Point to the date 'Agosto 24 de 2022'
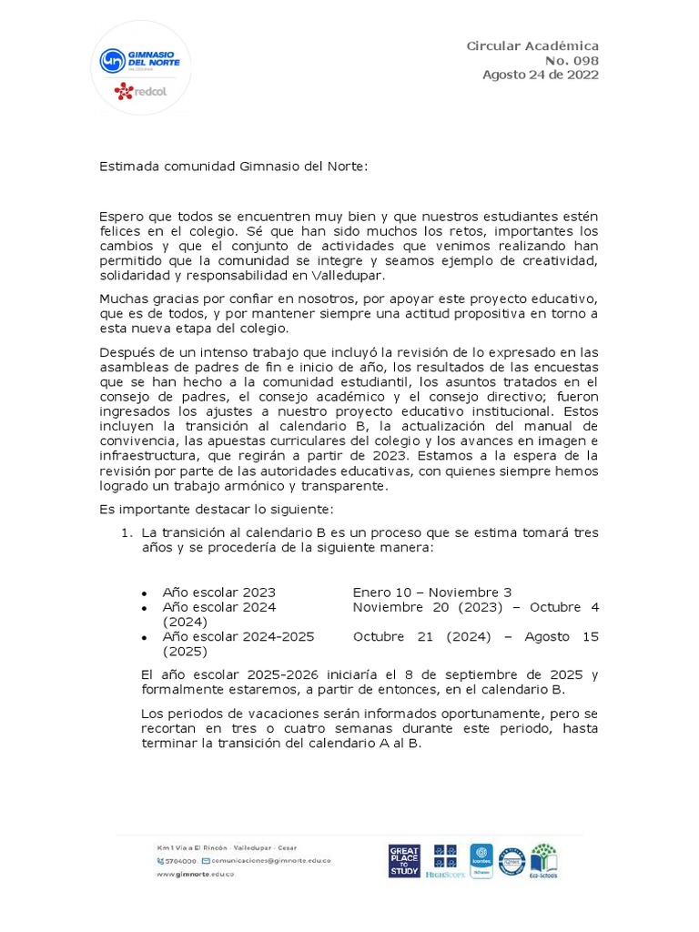point(540,76)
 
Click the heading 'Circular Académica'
point(532,46)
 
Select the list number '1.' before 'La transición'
point(128,532)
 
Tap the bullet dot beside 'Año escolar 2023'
point(145,593)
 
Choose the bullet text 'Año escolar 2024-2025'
point(238,636)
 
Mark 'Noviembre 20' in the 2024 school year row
point(396,606)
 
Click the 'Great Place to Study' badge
point(404,860)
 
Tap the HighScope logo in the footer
point(445,861)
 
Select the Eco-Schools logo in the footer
point(544,861)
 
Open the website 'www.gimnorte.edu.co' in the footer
point(195,874)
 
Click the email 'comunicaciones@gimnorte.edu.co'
point(271,860)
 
